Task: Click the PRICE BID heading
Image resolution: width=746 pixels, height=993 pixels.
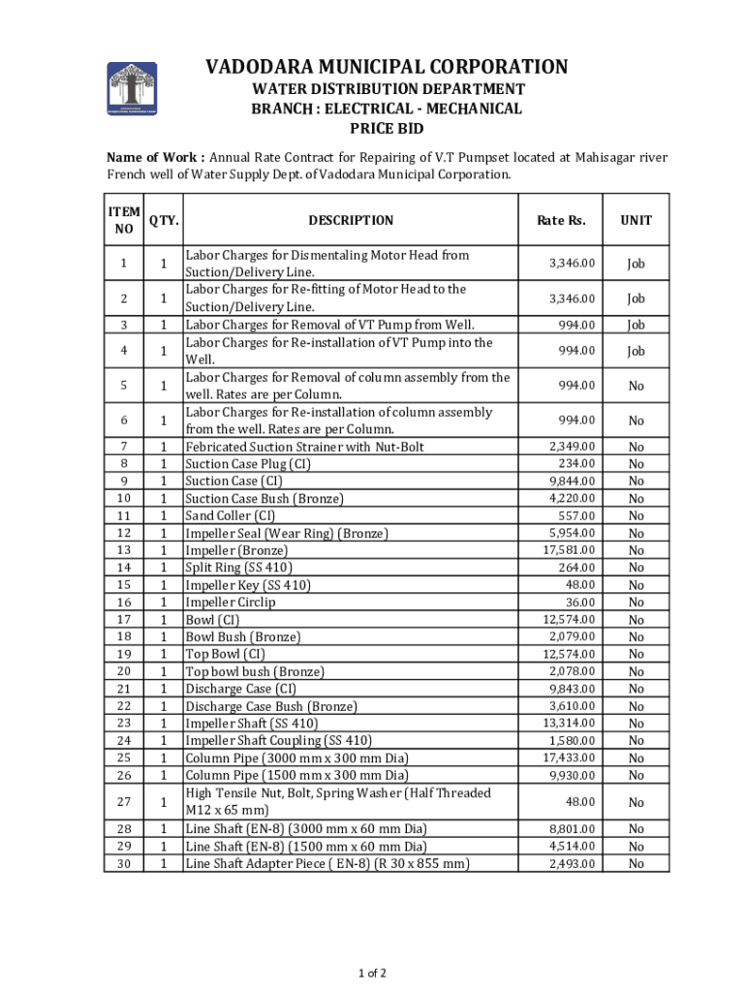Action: pyautogui.click(x=386, y=129)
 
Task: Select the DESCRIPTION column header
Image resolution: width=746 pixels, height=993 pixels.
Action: pyautogui.click(x=351, y=220)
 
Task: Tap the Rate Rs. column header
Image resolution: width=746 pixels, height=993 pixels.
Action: pyautogui.click(x=561, y=220)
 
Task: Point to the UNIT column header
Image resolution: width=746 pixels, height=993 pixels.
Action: pyautogui.click(x=636, y=220)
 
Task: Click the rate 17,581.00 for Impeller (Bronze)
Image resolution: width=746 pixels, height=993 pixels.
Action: pyautogui.click(x=569, y=550)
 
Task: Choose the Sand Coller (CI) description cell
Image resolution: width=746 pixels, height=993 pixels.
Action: pyautogui.click(x=231, y=516)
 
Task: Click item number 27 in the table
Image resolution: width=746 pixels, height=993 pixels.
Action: pyautogui.click(x=123, y=802)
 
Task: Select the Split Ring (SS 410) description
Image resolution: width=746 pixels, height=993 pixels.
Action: pyautogui.click(x=238, y=567)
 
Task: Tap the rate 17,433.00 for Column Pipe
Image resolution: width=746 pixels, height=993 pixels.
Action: pyautogui.click(x=569, y=757)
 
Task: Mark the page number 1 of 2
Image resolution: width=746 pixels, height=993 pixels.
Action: pyautogui.click(x=373, y=973)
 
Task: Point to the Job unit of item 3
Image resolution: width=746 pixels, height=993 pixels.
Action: pyautogui.click(x=636, y=325)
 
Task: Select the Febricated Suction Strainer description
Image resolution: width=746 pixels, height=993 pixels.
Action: pyautogui.click(x=304, y=446)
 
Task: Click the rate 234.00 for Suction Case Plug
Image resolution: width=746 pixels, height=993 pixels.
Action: pyautogui.click(x=576, y=464)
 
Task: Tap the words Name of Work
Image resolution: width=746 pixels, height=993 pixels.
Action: pyautogui.click(x=155, y=156)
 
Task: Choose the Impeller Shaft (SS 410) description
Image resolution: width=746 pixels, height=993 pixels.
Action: pyautogui.click(x=251, y=723)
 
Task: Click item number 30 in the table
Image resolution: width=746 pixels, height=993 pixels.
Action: pyautogui.click(x=123, y=863)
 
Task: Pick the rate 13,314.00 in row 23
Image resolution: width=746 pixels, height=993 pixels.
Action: pyautogui.click(x=569, y=723)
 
